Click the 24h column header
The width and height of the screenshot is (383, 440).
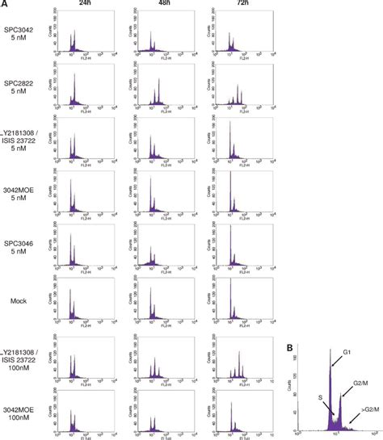pyautogui.click(x=83, y=4)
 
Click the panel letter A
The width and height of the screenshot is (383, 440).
pyautogui.click(x=4, y=4)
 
